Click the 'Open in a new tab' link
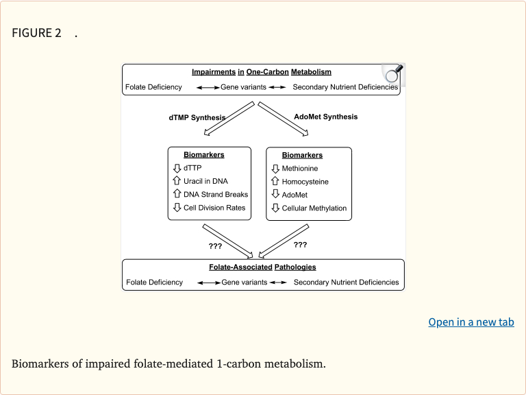pyautogui.click(x=471, y=322)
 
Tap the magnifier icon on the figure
pyautogui.click(x=392, y=74)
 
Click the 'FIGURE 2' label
pyautogui.click(x=32, y=33)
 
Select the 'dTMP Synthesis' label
pyautogui.click(x=197, y=117)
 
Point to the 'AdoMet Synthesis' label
pyautogui.click(x=325, y=117)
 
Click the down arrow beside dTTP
pyautogui.click(x=177, y=168)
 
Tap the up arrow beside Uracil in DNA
pyautogui.click(x=177, y=181)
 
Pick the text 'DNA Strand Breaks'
pyautogui.click(x=216, y=194)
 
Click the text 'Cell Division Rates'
pyautogui.click(x=214, y=208)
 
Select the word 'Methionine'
pyautogui.click(x=300, y=168)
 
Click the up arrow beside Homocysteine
pyautogui.click(x=275, y=182)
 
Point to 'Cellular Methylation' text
pyautogui.click(x=314, y=208)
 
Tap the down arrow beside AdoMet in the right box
pyautogui.click(x=275, y=195)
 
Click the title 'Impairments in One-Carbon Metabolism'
pyautogui.click(x=261, y=72)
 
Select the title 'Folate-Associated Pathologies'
pyautogui.click(x=262, y=267)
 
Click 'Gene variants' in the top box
pyautogui.click(x=243, y=87)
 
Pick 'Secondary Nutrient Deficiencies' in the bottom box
pyautogui.click(x=346, y=282)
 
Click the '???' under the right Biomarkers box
pyautogui.click(x=300, y=244)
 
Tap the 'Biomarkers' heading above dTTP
pyautogui.click(x=203, y=155)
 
